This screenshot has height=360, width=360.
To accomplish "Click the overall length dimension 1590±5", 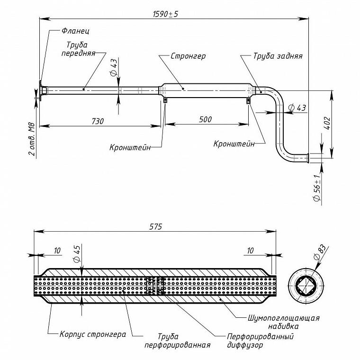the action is pos(165,14).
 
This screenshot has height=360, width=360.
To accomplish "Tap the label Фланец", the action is pos(75,31).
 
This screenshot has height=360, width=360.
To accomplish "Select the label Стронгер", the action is pos(188,56).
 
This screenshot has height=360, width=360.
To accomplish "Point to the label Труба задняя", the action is pos(278,56).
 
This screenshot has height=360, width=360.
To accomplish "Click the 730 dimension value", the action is pos(98,121).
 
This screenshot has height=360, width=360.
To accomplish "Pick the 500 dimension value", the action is pos(205,119).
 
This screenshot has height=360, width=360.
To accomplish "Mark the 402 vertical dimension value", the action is pos(327,123).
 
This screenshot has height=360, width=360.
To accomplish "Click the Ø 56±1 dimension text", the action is pos(317,188).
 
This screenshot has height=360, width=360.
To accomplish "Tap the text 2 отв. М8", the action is pos(32,139).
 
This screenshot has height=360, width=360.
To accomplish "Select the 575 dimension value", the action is pos(155,226).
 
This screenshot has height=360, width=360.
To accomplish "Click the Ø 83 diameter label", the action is pos(320,252).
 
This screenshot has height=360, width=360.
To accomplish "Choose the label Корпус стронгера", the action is pos(93,334).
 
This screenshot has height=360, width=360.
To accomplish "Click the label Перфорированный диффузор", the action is pos(260,341).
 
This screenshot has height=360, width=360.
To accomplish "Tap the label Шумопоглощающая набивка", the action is pos(284,322).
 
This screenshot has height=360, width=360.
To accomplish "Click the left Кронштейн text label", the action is pos(130,147).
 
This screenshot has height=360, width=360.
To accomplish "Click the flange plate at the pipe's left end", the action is pos(40,90).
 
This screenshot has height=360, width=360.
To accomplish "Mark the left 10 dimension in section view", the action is pos(57,251).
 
